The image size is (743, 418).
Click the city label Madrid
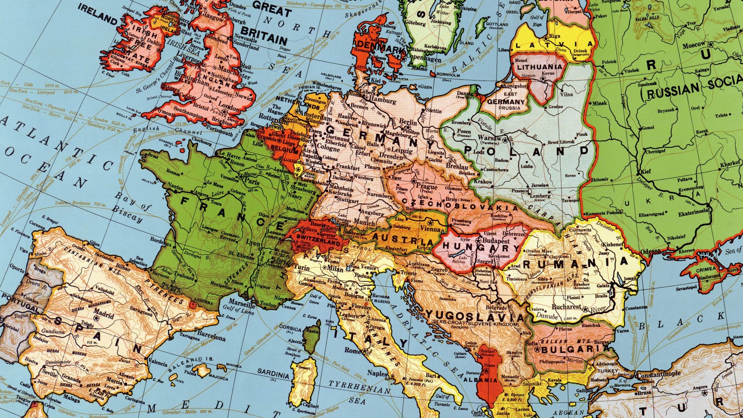pyautogui.click(x=103, y=312)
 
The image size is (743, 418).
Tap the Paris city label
pyautogui.click(x=253, y=181)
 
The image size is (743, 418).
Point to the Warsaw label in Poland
pyautogui.click(x=490, y=138)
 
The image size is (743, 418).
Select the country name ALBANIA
pyautogui.click(x=486, y=380)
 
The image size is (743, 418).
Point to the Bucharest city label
pyautogui.click(x=567, y=307)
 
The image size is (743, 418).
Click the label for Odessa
pyautogui.click(x=650, y=252)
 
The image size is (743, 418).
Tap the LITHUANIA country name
pyautogui.click(x=539, y=67)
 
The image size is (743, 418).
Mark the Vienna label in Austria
pyautogui.click(x=430, y=229)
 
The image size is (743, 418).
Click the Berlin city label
pyautogui.click(x=408, y=122)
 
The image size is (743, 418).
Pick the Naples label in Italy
pyautogui.click(x=377, y=373)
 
